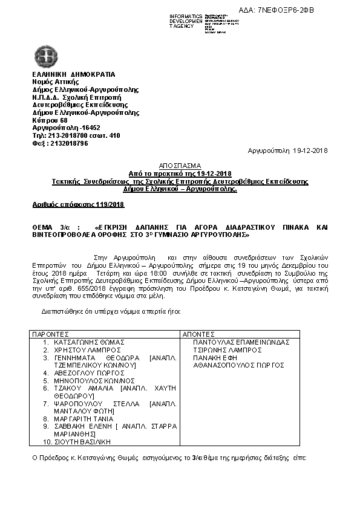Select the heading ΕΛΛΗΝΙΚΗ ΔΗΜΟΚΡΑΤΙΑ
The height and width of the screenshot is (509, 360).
(73, 74)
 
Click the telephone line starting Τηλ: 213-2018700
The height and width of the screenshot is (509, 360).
(76, 135)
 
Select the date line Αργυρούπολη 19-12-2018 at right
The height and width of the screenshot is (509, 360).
(288, 150)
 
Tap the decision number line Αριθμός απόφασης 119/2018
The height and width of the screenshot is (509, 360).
(78, 205)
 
